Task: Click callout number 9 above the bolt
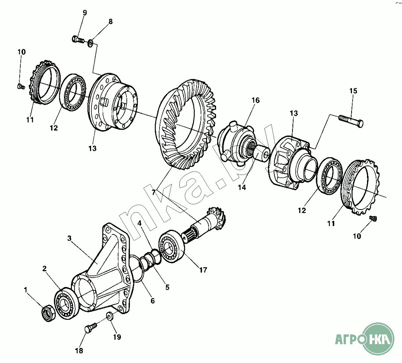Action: point(85,13)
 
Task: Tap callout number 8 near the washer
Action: point(110,21)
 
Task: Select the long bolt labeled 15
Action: point(351,120)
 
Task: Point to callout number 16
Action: point(256,100)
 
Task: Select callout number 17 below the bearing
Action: point(203,270)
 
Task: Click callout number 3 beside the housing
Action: point(69,238)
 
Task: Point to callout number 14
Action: point(242,187)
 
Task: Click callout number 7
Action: point(154,192)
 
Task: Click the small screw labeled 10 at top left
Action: point(21,87)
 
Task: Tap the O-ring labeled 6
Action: point(138,269)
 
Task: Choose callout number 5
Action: point(167,287)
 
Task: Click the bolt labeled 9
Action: point(78,39)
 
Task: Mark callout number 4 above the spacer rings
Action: point(140,223)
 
